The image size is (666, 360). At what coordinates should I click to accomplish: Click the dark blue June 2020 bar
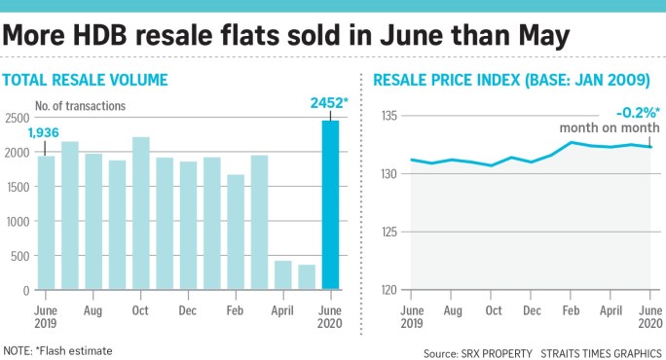pyautogui.click(x=330, y=205)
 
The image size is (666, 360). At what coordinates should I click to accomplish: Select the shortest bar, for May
pyautogui.click(x=307, y=277)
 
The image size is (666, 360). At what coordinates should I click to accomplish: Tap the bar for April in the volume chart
pyautogui.click(x=283, y=275)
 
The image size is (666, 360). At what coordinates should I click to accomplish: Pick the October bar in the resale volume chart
pyautogui.click(x=141, y=213)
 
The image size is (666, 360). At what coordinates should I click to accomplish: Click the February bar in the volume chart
pyautogui.click(x=236, y=233)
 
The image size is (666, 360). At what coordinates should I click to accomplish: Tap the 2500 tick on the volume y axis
pyautogui.click(x=17, y=117)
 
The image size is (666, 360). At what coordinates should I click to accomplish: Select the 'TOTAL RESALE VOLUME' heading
pyautogui.click(x=86, y=80)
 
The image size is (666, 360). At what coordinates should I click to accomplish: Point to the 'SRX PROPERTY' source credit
pyautogui.click(x=504, y=351)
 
